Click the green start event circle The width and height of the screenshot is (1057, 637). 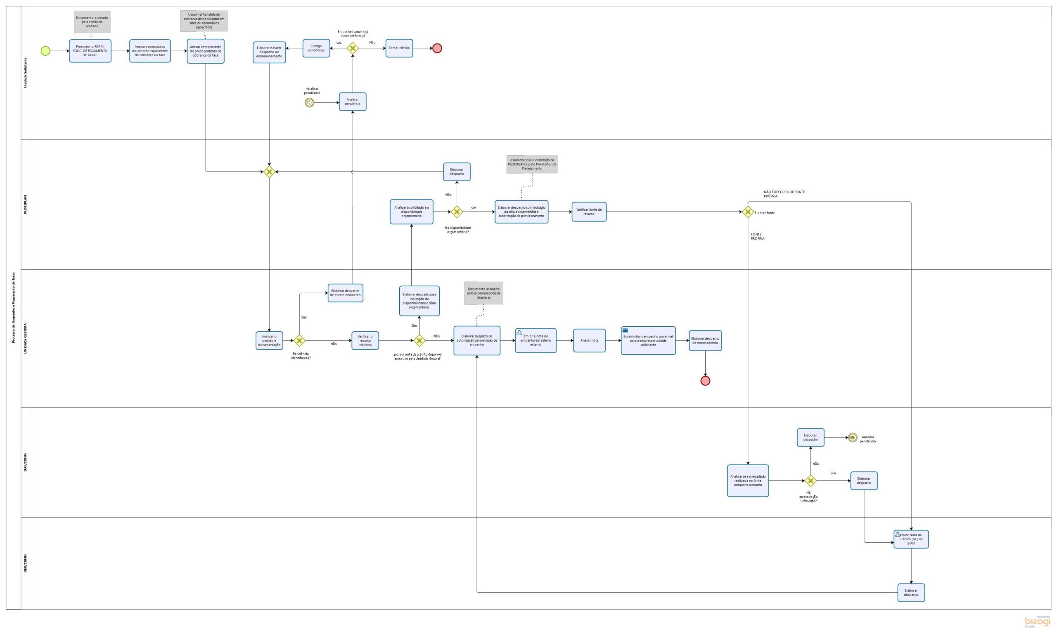45,51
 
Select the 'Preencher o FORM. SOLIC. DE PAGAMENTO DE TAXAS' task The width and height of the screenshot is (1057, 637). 90,51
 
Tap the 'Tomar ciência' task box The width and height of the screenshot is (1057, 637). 399,48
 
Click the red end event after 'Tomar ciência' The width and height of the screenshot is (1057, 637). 437,48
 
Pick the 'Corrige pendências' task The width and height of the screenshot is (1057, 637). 316,48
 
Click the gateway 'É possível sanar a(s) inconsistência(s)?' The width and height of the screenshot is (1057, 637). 353,48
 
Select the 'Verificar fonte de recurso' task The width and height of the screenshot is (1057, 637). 589,212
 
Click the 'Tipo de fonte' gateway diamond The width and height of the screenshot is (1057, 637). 748,212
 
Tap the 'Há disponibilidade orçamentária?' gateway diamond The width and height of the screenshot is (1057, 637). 457,212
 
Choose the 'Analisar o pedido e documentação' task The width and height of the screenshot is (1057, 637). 269,341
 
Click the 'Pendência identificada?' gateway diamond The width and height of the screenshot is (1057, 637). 299,341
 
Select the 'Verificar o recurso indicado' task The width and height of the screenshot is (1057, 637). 365,341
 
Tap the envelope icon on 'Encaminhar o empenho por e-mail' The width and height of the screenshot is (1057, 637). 626,330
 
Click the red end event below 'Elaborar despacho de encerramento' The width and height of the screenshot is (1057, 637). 705,381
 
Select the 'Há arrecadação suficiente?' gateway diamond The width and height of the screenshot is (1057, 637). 811,481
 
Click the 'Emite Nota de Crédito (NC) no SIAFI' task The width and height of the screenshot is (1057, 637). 911,540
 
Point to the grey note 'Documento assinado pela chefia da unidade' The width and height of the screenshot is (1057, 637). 92,22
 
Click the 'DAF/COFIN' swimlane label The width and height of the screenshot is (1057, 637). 25,462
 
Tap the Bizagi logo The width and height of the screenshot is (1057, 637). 1038,622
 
